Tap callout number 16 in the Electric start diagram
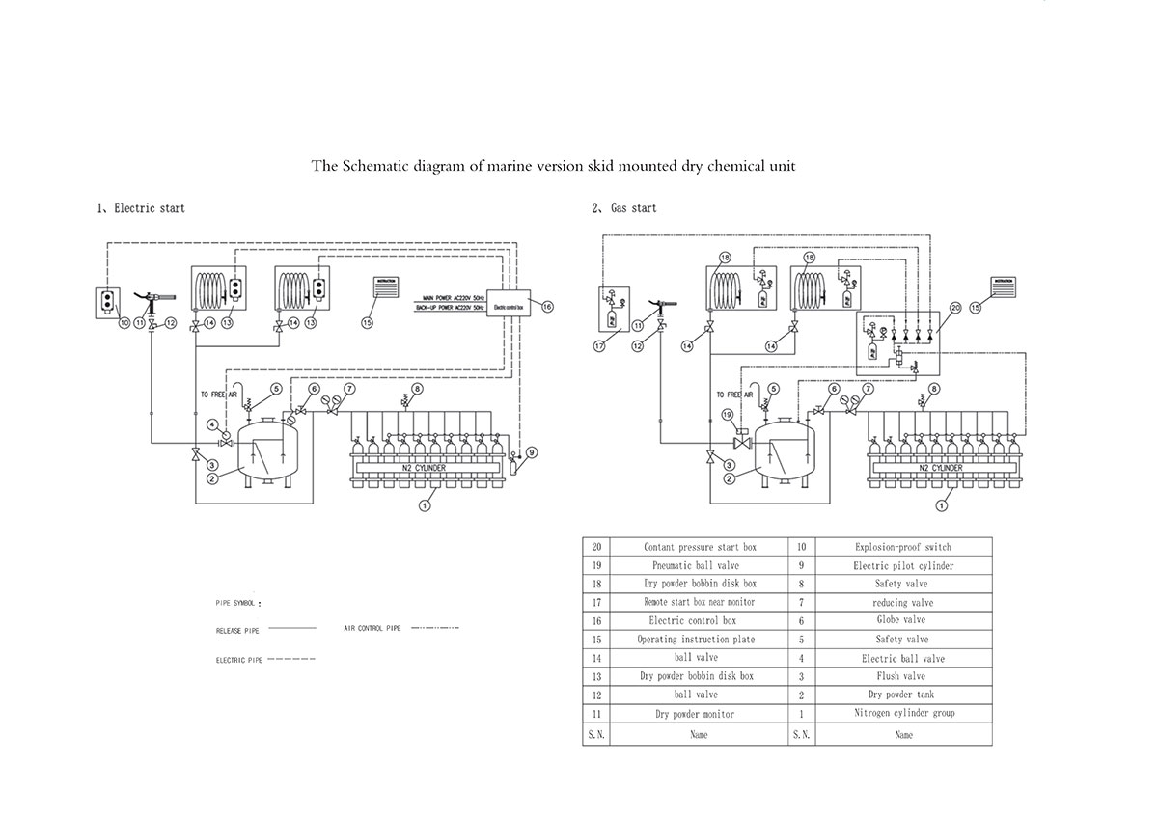click(x=547, y=307)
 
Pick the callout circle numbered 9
click(x=532, y=452)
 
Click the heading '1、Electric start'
click(x=140, y=207)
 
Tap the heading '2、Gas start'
click(x=624, y=207)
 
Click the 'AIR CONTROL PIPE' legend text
click(x=372, y=628)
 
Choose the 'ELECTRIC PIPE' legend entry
click(x=238, y=661)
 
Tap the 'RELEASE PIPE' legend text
click(x=237, y=631)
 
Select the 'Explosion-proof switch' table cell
click(x=903, y=547)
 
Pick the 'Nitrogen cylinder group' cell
click(x=903, y=713)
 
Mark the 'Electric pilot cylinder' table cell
click(x=903, y=565)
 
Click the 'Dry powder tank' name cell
click(x=903, y=695)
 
